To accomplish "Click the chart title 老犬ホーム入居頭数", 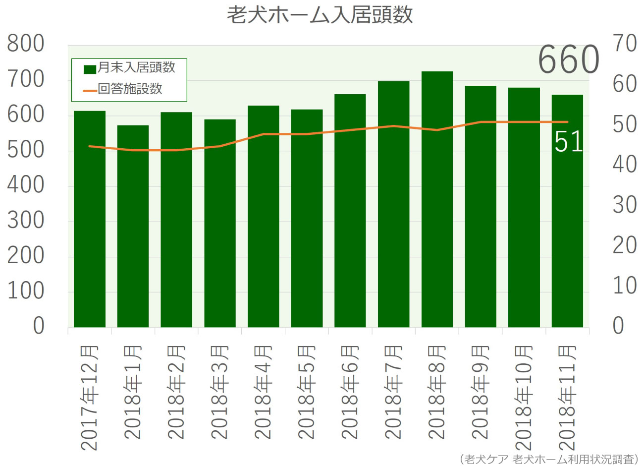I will pos(320,15).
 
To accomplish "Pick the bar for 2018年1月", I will pos(133,226).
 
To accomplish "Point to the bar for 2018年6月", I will pos(350,211).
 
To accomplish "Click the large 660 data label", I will pos(568,59).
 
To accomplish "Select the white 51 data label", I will pos(568,142).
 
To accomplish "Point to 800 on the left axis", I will pos(26,45).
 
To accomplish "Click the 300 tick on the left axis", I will pos(26,221).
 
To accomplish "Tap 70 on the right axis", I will pos(624,44).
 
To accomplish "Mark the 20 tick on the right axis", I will pos(624,245).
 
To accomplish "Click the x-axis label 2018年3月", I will pos(219,392).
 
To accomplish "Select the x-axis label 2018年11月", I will pos(567,397).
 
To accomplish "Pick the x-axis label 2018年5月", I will pos(307,392).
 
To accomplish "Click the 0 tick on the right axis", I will pos(618,326).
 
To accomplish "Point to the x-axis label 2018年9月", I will pos(481,392).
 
